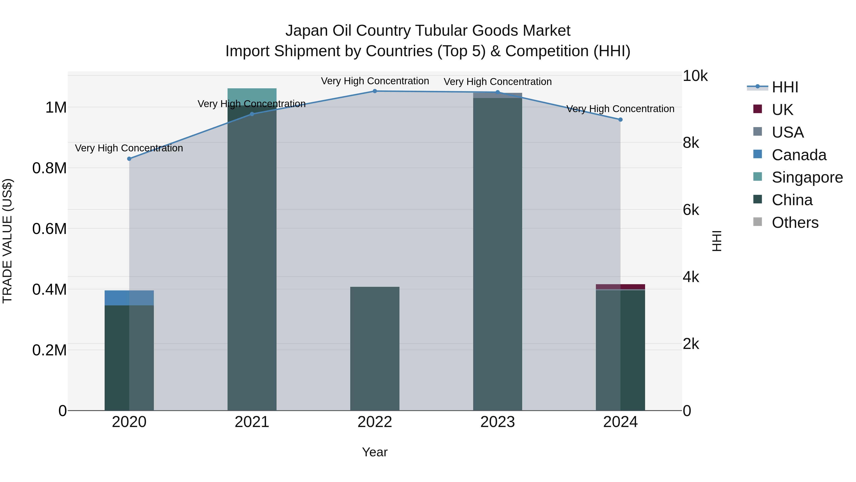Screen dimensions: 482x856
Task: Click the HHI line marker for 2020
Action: pos(129,159)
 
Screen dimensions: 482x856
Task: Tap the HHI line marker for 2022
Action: pos(374,91)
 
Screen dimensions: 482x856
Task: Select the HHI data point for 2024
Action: pos(620,119)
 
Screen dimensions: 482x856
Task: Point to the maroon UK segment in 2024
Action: pos(620,287)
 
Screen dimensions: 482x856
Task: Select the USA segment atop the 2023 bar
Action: pos(497,95)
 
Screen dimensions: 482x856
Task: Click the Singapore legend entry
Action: pos(807,177)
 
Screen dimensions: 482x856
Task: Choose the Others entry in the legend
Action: pos(795,223)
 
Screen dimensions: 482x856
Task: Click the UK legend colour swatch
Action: pos(757,109)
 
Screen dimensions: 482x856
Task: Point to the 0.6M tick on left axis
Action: pos(49,229)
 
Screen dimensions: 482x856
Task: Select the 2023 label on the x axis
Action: pos(497,422)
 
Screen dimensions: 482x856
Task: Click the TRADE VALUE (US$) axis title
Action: pos(7,241)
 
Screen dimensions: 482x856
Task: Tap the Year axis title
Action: pos(374,452)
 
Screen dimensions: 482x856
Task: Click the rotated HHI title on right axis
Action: pos(717,241)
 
